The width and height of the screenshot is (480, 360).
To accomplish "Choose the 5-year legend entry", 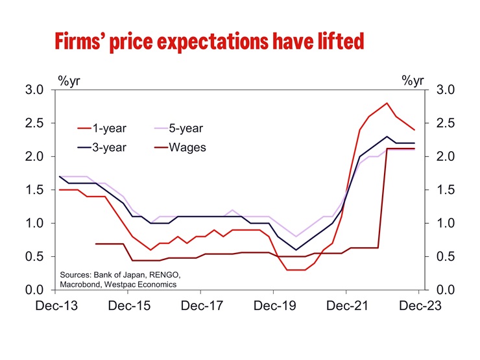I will click(188, 128).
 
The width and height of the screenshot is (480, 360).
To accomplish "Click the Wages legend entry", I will click(187, 147).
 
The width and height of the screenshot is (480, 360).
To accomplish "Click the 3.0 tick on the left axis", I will click(34, 90).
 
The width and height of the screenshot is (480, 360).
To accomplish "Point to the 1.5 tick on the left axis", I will click(34, 189).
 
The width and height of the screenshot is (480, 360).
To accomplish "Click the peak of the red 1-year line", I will click(387, 103).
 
